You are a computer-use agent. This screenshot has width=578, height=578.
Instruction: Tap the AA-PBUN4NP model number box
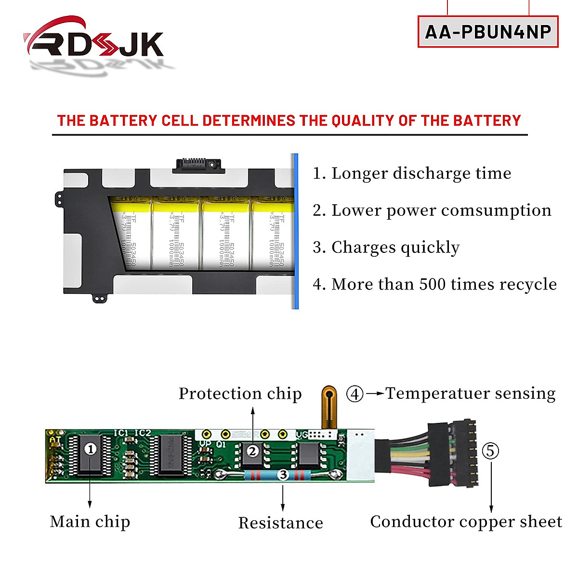tap(488, 32)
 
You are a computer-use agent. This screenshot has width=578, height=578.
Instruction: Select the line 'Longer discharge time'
tap(412, 173)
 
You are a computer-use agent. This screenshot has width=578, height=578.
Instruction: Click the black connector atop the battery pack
tap(197, 165)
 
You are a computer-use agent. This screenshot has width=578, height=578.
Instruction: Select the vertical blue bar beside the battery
tap(295, 231)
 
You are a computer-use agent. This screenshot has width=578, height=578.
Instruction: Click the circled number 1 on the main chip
tap(90, 449)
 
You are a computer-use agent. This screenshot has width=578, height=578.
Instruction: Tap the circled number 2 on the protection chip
tap(252, 451)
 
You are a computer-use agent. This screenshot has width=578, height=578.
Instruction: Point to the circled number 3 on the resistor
tap(283, 475)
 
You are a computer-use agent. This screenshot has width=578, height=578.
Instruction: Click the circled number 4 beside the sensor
tap(355, 394)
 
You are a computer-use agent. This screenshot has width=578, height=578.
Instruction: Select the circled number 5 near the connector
tap(490, 451)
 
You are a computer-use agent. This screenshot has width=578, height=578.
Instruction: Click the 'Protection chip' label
tap(240, 394)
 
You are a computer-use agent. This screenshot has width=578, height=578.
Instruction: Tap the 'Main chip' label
tap(90, 522)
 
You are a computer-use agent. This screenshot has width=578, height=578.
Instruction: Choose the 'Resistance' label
tap(281, 523)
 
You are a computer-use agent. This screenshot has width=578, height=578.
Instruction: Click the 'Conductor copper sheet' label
tap(466, 522)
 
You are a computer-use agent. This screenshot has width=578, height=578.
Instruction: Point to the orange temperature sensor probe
tap(329, 405)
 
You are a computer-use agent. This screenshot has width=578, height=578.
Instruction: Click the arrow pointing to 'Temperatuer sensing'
tap(375, 394)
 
